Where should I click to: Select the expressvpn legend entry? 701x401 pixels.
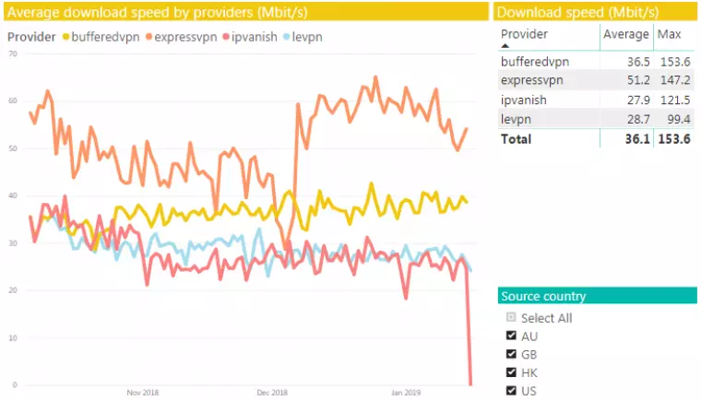184,37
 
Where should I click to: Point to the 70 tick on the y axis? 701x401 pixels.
13,53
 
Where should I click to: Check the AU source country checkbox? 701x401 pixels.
512,336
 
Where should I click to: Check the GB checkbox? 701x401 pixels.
512,354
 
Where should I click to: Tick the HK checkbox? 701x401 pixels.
512,372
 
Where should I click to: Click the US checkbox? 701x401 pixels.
512,390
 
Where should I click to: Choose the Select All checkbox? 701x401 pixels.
512,317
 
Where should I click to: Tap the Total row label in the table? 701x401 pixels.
516,139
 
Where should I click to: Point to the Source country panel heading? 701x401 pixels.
542,296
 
